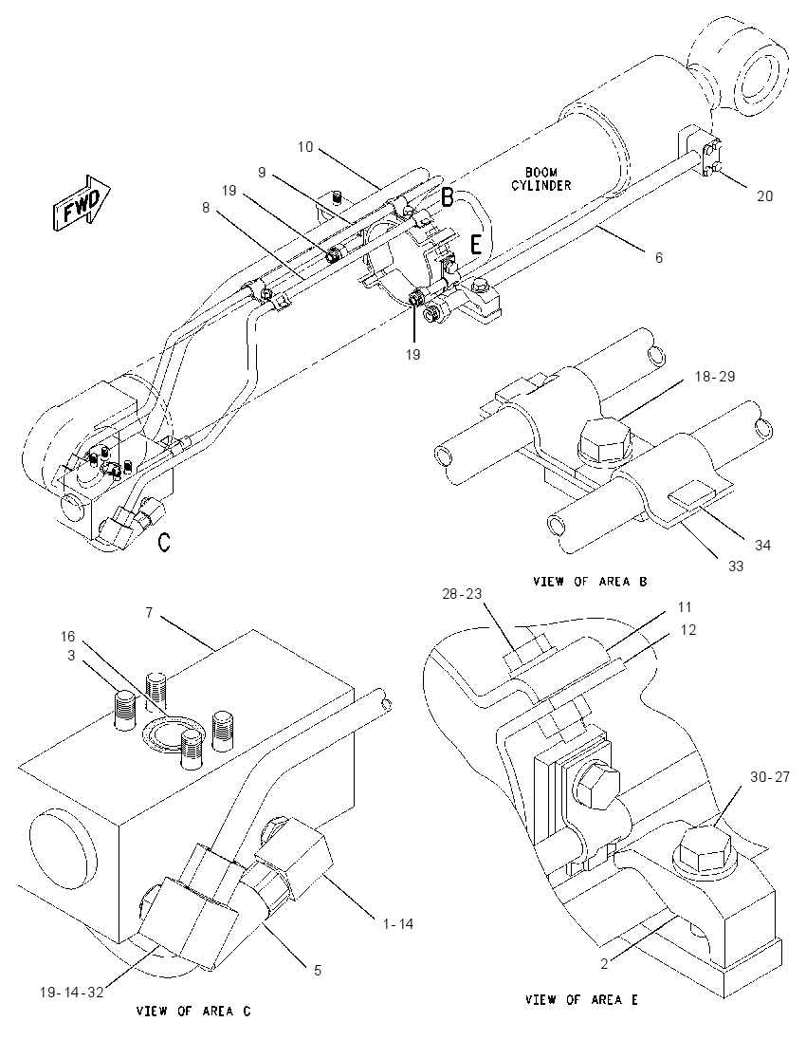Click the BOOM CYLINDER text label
click(540, 179)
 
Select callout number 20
click(765, 196)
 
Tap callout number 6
click(659, 257)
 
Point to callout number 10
click(305, 146)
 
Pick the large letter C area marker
click(164, 543)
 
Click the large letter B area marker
click(449, 197)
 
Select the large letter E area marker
click(476, 246)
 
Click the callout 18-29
click(715, 377)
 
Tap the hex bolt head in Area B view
click(604, 439)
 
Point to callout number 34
click(763, 546)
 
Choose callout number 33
click(736, 566)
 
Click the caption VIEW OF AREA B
click(590, 582)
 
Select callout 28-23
click(462, 594)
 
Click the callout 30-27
click(770, 776)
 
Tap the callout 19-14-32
click(70, 993)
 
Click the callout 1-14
click(397, 923)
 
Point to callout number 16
click(68, 637)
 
